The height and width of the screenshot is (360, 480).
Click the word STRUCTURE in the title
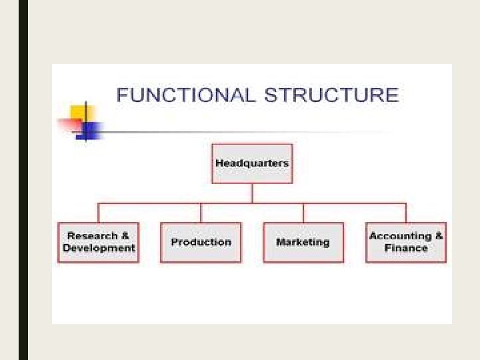(x=331, y=95)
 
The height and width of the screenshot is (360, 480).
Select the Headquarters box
(x=252, y=163)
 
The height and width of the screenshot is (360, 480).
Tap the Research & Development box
(x=99, y=242)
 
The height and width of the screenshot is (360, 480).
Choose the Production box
(x=201, y=242)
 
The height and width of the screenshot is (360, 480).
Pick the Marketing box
(x=303, y=242)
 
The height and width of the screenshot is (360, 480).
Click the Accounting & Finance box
(x=406, y=242)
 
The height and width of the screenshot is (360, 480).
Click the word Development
(x=99, y=248)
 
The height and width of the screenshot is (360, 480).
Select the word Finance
(x=406, y=248)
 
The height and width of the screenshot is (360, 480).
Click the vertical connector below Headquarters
(x=252, y=193)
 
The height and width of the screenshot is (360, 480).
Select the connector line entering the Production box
(x=201, y=213)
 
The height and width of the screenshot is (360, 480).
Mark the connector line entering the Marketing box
(x=303, y=213)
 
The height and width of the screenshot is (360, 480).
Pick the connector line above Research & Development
(x=99, y=213)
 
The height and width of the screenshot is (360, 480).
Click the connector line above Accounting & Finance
(x=406, y=213)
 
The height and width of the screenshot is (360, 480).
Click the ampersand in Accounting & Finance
(x=438, y=236)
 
